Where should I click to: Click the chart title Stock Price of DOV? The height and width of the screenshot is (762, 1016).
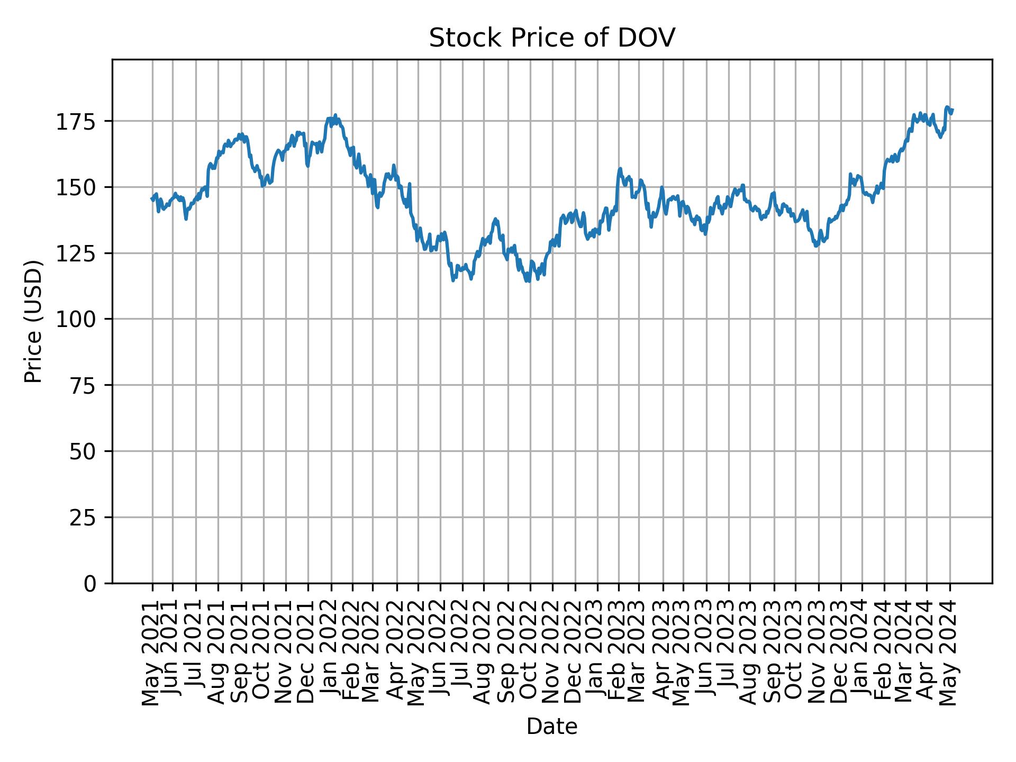pyautogui.click(x=551, y=39)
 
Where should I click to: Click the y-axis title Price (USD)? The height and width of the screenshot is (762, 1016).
pyautogui.click(x=33, y=321)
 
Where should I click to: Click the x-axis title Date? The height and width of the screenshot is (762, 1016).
pyautogui.click(x=551, y=727)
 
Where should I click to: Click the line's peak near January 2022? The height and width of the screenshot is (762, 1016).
pyautogui.click(x=335, y=115)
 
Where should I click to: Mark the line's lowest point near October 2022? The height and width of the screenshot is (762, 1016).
pyautogui.click(x=528, y=282)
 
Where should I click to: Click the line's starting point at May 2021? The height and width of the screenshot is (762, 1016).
pyautogui.click(x=151, y=199)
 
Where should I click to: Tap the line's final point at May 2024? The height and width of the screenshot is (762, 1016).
pyautogui.click(x=952, y=110)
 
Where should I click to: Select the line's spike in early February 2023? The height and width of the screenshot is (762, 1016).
pyautogui.click(x=620, y=169)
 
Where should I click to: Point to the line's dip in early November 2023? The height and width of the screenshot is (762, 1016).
pyautogui.click(x=816, y=246)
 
